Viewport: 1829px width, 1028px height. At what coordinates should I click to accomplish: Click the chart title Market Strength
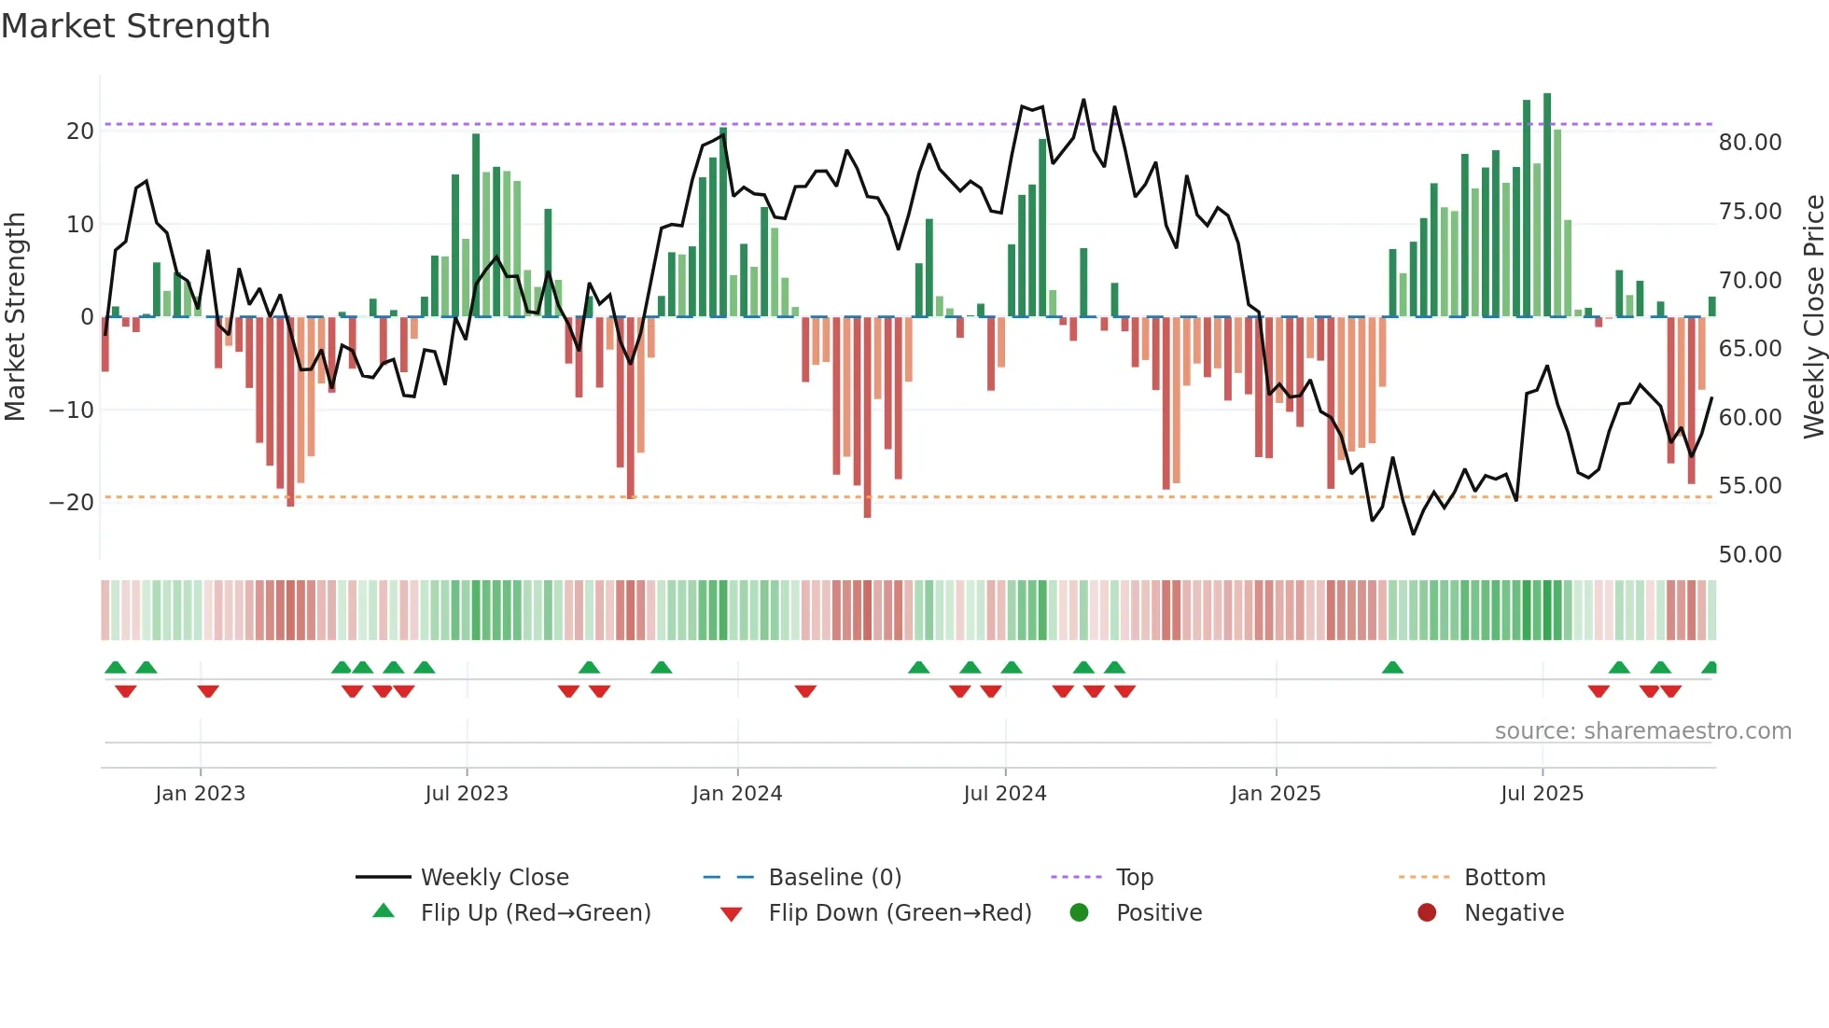(x=135, y=26)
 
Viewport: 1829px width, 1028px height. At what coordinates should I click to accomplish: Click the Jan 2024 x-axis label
(x=737, y=793)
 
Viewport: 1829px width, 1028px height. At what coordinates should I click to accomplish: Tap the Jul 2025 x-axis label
(x=1542, y=793)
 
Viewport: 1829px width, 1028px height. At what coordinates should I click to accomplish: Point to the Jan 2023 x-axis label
(x=200, y=793)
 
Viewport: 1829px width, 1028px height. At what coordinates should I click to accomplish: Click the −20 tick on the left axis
(x=71, y=502)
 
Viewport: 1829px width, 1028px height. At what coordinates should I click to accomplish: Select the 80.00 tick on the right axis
(x=1750, y=142)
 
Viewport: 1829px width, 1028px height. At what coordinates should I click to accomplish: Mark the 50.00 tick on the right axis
(x=1750, y=554)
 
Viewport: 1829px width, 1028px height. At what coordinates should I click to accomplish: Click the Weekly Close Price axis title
(x=1813, y=316)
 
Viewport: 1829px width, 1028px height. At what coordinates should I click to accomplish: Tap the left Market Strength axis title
(x=15, y=316)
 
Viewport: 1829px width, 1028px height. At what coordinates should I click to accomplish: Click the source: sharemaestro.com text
(x=1642, y=730)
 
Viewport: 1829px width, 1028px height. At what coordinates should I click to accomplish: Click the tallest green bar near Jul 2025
(x=1547, y=205)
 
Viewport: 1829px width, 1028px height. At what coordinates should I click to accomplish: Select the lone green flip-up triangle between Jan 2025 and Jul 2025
(x=1392, y=668)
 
